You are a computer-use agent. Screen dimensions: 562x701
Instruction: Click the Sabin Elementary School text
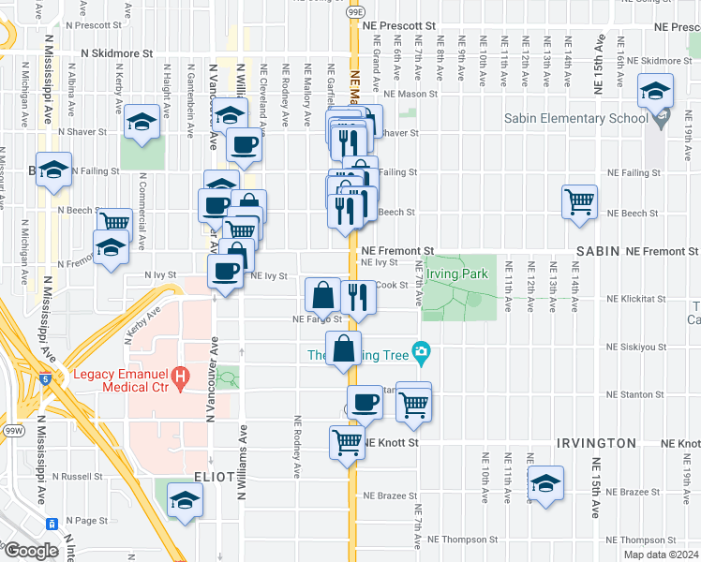click(x=575, y=119)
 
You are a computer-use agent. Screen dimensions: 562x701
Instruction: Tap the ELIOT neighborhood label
click(x=215, y=477)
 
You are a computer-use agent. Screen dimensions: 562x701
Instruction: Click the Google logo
click(x=31, y=551)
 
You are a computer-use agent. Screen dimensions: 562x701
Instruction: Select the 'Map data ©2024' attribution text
click(x=661, y=555)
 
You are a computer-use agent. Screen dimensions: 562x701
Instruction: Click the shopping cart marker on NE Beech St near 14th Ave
click(x=580, y=200)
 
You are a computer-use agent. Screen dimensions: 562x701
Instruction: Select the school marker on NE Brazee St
click(x=544, y=483)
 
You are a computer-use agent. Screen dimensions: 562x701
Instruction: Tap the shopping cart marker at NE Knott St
click(x=347, y=440)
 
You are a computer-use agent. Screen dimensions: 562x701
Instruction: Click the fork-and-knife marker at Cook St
click(x=358, y=295)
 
